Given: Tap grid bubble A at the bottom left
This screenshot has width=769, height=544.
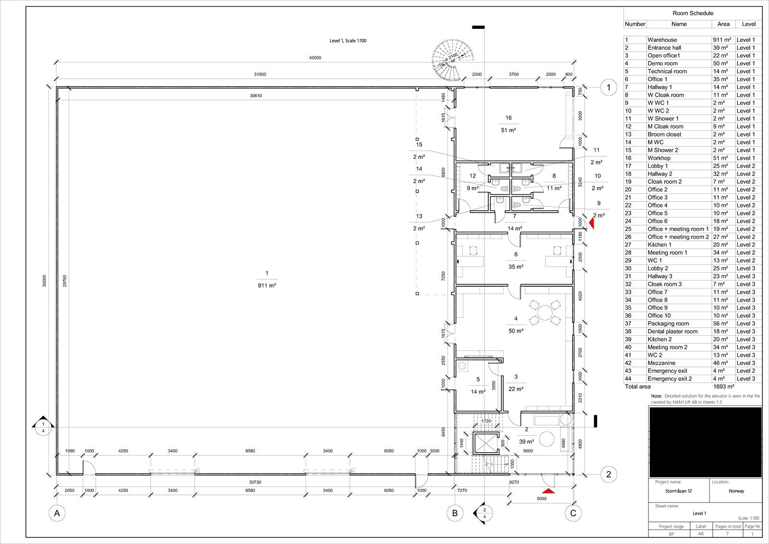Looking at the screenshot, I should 57,513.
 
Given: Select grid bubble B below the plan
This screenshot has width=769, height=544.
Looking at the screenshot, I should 455,513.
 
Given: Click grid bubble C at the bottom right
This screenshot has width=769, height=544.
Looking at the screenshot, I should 573,513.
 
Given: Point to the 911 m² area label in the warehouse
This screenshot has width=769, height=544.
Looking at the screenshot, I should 267,285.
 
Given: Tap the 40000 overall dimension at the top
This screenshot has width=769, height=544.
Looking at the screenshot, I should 315,58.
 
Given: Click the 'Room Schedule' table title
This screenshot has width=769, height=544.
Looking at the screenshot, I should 693,13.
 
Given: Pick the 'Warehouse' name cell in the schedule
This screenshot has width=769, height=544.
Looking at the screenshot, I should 662,40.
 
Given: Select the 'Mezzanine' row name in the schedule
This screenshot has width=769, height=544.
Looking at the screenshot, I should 661,363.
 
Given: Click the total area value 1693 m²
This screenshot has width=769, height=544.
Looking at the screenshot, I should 724,387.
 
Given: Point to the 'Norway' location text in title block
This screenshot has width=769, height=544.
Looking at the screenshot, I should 736,491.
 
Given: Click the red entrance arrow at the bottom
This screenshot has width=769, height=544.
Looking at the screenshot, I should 547,491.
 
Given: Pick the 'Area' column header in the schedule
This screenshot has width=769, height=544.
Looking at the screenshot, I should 723,24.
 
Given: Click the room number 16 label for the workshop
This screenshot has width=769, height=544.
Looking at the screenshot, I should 509,118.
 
